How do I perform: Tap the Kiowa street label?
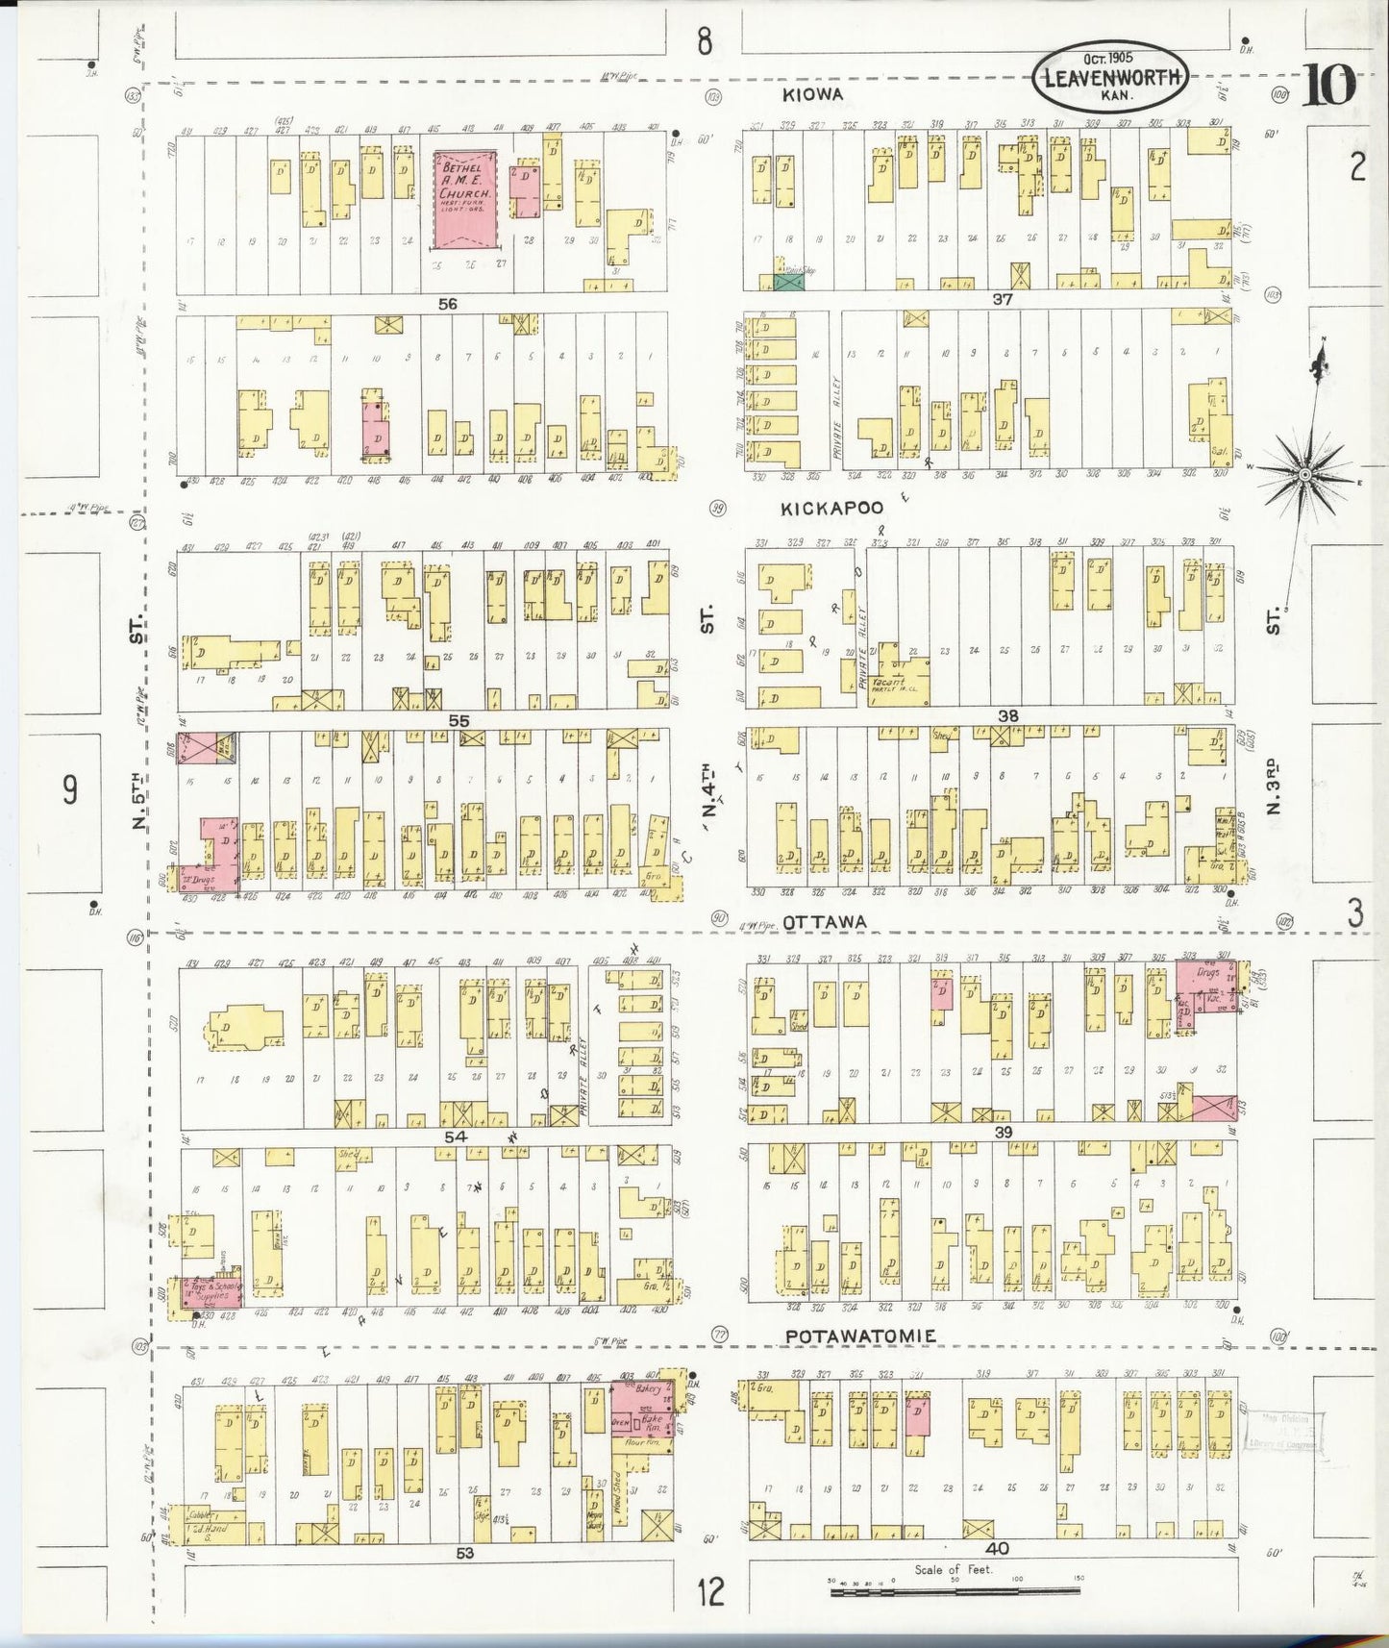(x=812, y=93)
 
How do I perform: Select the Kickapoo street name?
(x=831, y=507)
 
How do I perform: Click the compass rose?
(x=1304, y=474)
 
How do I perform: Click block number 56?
(x=447, y=304)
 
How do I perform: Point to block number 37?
(x=1003, y=300)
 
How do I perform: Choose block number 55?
(x=459, y=719)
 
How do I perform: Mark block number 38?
(x=1007, y=716)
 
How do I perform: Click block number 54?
(x=455, y=1136)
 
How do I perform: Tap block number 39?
(x=1003, y=1133)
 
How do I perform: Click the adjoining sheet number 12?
(x=710, y=1593)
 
